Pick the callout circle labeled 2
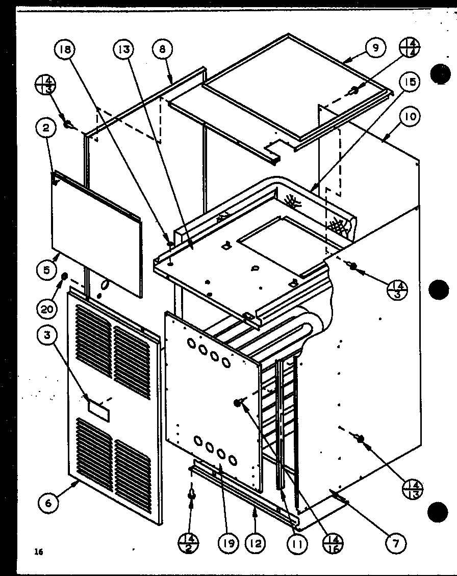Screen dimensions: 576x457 [x=46, y=129]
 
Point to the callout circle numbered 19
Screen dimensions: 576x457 [x=228, y=544]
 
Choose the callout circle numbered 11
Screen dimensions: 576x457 [x=297, y=544]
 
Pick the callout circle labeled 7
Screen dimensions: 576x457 [x=396, y=543]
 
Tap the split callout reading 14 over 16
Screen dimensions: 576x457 [x=332, y=543]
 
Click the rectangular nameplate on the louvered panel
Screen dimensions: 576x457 [x=98, y=410]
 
